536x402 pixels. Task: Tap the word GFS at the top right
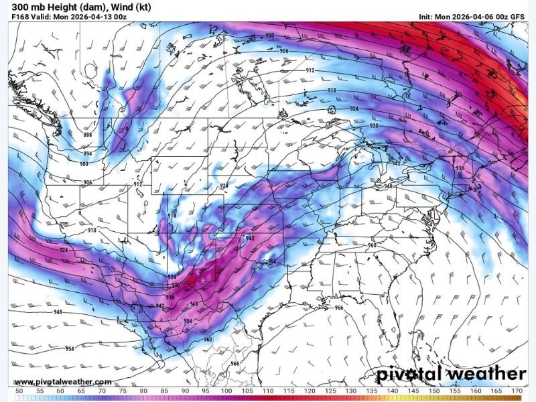click(517, 17)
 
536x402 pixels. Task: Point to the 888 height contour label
click(88, 135)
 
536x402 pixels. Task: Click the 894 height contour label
click(88, 154)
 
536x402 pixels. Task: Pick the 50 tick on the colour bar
click(19, 391)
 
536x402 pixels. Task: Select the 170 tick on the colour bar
click(516, 391)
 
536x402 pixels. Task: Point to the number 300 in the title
click(20, 7)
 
